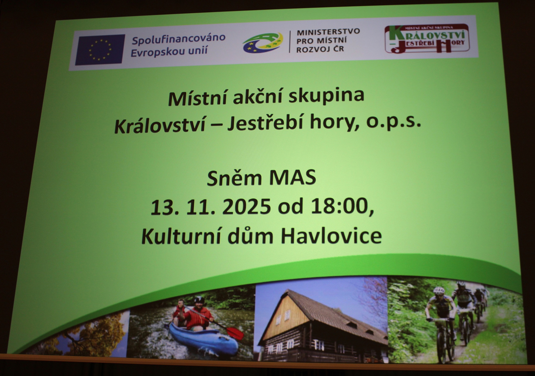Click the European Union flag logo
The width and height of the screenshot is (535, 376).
pos(100,50)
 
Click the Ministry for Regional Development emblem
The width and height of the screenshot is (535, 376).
pos(263,43)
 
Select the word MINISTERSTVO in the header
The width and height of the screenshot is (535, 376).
pos(328,32)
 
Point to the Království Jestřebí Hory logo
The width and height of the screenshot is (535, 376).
pos(427,39)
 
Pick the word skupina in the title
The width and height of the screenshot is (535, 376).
pos(326,96)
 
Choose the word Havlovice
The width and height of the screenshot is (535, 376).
pos(331,236)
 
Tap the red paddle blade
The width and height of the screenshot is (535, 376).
pos(235,333)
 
